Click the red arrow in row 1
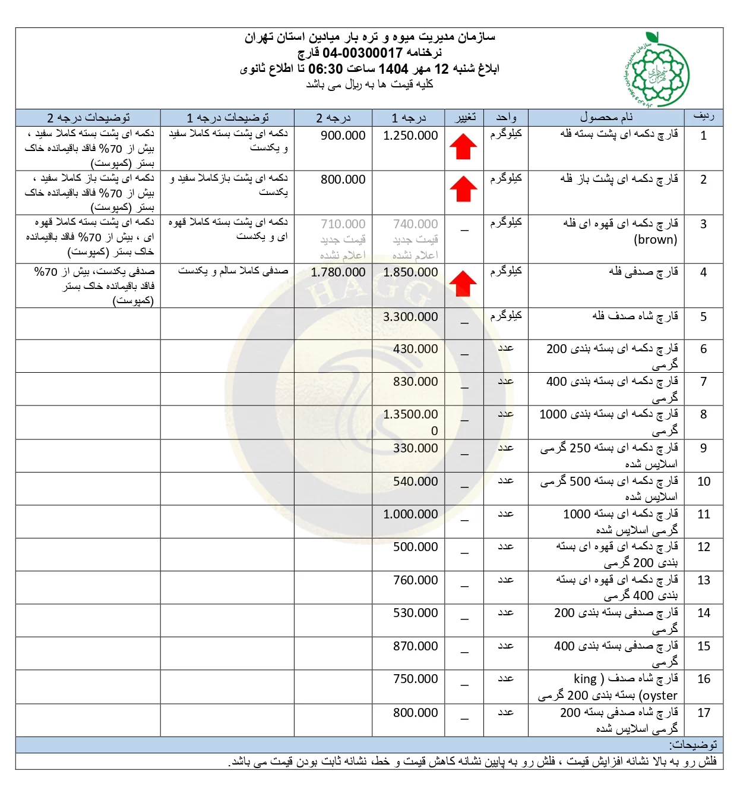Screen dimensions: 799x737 pyautogui.click(x=463, y=147)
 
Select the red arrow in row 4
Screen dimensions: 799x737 pyautogui.click(x=463, y=284)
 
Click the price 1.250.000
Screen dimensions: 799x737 pyautogui.click(x=410, y=136)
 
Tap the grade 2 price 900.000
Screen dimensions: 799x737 pyautogui.click(x=343, y=136)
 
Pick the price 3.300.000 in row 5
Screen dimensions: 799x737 pyautogui.click(x=410, y=317)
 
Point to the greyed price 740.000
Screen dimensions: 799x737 pyautogui.click(x=415, y=224)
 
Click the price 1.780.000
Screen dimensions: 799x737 pyautogui.click(x=338, y=272)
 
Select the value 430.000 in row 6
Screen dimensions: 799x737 pyautogui.click(x=415, y=349)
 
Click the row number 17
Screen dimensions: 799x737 pyautogui.click(x=704, y=713)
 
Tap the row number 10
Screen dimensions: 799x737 pyautogui.click(x=704, y=482)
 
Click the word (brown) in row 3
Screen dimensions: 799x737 pyautogui.click(x=656, y=240)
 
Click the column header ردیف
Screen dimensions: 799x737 pyautogui.click(x=704, y=117)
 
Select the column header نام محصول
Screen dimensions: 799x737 pyautogui.click(x=606, y=117)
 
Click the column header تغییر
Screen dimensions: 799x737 pyautogui.click(x=465, y=117)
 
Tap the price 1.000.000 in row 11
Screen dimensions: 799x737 pyautogui.click(x=410, y=514)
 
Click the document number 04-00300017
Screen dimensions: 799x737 pyautogui.click(x=362, y=53)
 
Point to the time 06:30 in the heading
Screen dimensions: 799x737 pyautogui.click(x=325, y=69)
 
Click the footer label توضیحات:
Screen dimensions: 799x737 pyautogui.click(x=693, y=744)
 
